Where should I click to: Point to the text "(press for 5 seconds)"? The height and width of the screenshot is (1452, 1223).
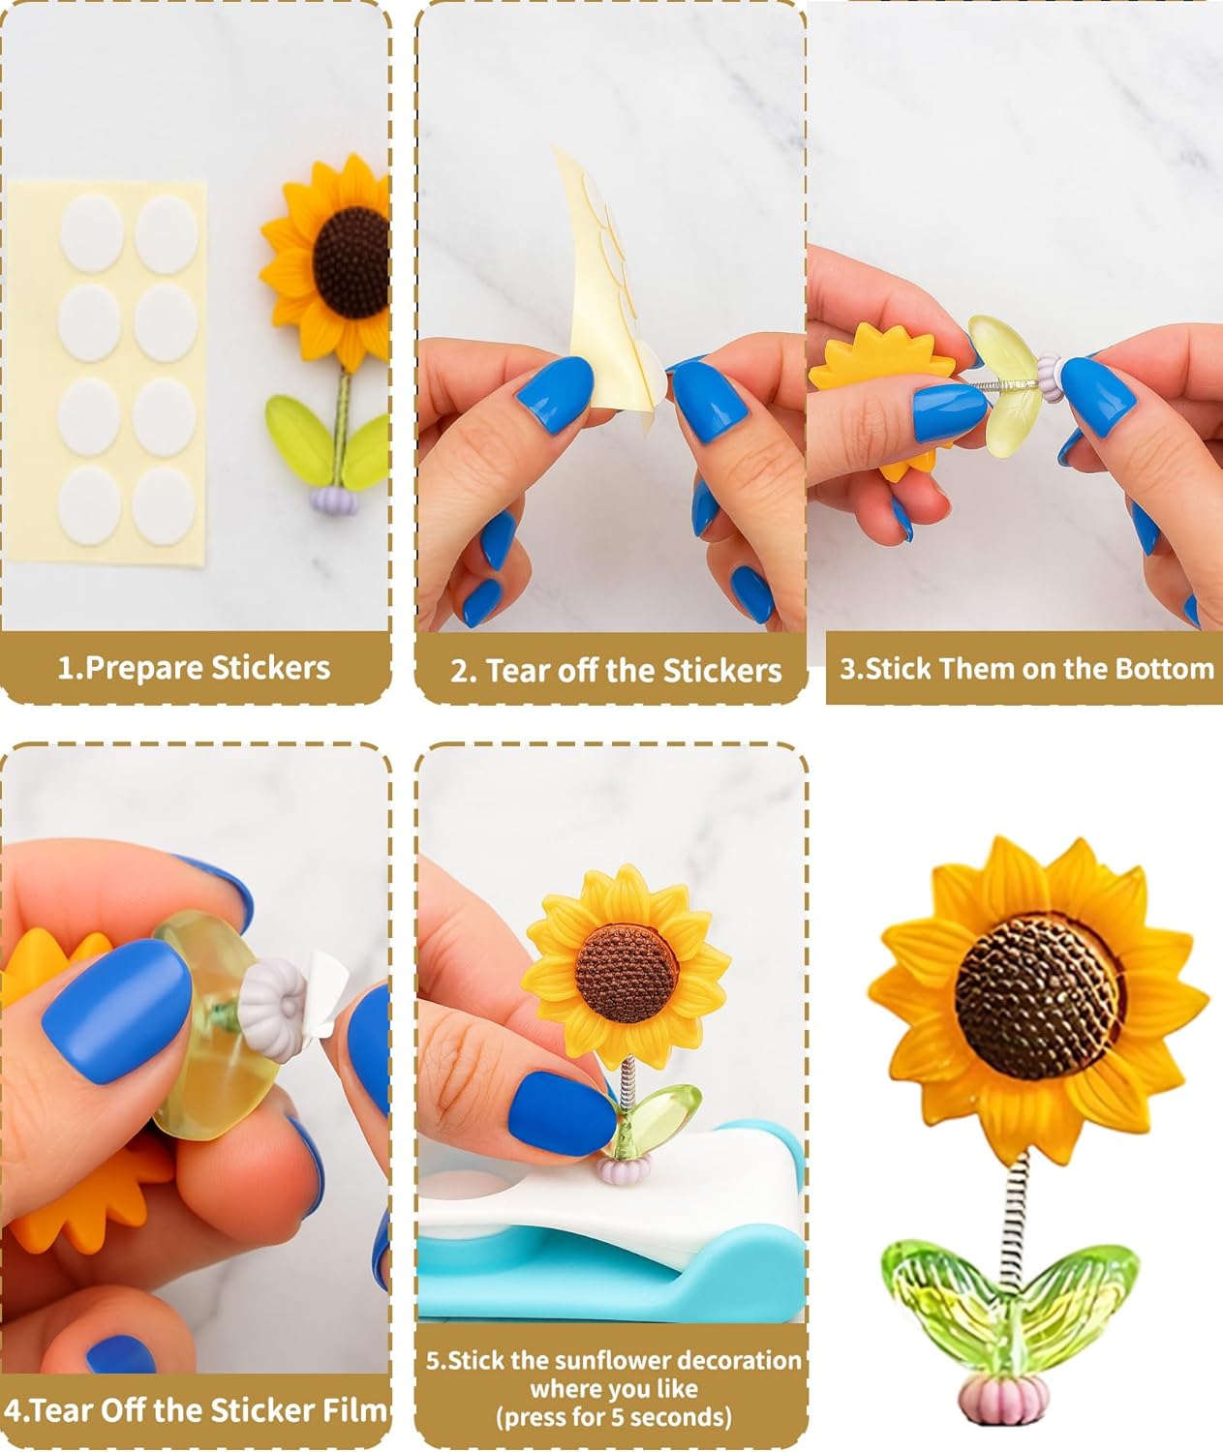point(614,1416)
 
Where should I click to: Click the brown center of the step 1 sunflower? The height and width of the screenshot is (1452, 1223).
point(352,262)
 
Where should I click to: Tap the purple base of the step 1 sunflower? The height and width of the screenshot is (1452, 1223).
point(335,500)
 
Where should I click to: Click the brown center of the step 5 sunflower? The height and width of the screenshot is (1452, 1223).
point(627,973)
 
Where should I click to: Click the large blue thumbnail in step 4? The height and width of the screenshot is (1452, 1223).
point(117,1012)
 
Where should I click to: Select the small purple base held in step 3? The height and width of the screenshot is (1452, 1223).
point(1050,378)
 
